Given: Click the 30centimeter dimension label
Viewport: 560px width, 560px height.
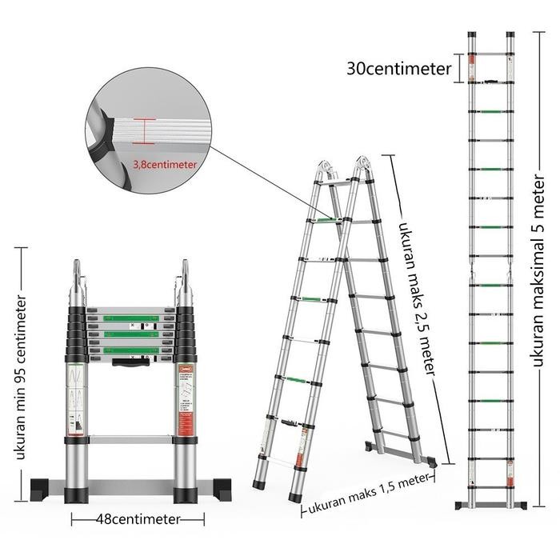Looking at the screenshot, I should pyautogui.click(x=399, y=69).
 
